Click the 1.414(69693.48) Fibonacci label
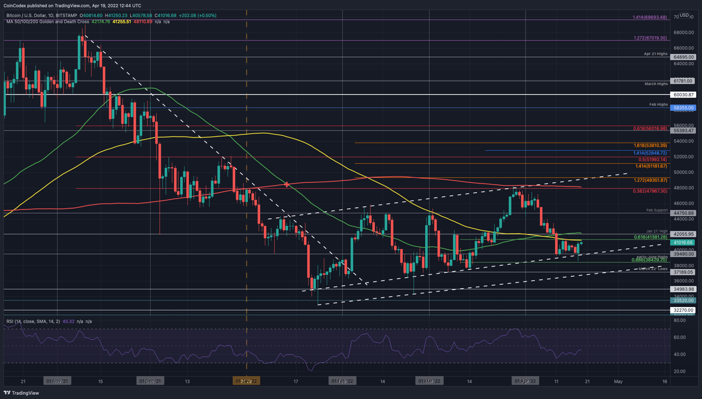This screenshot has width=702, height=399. tap(649, 17)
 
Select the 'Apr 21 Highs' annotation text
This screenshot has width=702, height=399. tap(655, 54)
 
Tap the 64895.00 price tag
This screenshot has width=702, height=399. tap(683, 57)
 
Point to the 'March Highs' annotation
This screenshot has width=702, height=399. tap(656, 84)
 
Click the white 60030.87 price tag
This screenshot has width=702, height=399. tap(683, 95)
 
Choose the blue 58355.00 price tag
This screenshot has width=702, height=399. tap(683, 108)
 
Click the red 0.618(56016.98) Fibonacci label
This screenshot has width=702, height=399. tap(650, 128)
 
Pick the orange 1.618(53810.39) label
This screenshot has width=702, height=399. tap(650, 145)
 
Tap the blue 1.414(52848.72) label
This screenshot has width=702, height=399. tap(650, 153)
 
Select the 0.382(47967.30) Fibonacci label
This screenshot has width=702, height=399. tap(650, 191)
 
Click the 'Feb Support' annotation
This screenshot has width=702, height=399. tap(656, 210)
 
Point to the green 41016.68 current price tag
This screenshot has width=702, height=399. tap(683, 243)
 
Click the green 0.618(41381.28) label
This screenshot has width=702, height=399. tap(650, 237)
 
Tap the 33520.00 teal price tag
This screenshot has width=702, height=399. tap(683, 300)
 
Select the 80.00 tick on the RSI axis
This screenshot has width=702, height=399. tap(679, 321)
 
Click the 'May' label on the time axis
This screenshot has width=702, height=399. tap(618, 381)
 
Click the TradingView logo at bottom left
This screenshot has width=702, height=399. tap(21, 393)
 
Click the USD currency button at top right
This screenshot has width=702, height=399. tap(684, 16)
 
